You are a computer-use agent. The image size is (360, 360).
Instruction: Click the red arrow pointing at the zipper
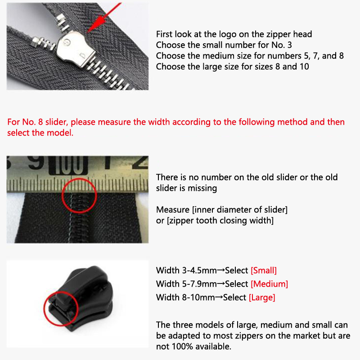pos(104,18)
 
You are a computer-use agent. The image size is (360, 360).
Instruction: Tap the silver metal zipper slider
pos(76,49)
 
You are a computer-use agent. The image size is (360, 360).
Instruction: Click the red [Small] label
pos(264,270)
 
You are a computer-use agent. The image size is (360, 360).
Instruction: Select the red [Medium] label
pos(269,284)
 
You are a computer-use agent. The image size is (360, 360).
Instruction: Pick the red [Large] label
pos(262,297)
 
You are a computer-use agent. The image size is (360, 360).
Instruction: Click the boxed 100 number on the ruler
pos(68,165)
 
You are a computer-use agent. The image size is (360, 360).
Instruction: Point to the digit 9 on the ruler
pos(36,162)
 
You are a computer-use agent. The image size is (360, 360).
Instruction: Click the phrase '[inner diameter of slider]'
pos(240,210)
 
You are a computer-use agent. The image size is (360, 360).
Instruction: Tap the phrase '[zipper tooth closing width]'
pos(220,220)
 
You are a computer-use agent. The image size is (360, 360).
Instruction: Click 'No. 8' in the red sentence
pos(32,122)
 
